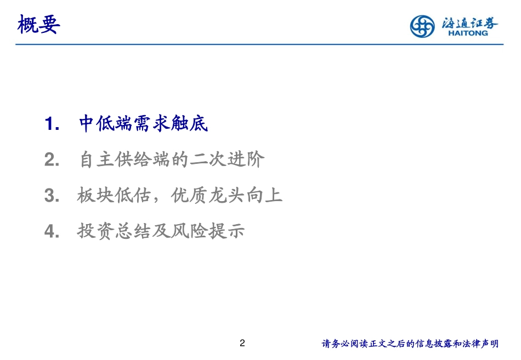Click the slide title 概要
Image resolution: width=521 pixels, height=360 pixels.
(38, 25)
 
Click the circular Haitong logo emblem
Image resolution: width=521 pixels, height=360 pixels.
(422, 26)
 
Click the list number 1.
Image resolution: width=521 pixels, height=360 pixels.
(52, 124)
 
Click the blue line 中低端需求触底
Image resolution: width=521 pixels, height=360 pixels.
(144, 124)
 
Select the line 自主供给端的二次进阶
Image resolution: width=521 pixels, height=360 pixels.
(172, 159)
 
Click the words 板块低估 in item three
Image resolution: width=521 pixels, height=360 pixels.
(114, 195)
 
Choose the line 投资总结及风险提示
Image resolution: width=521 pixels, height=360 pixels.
(161, 231)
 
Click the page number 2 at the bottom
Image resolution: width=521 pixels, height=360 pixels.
(243, 344)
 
